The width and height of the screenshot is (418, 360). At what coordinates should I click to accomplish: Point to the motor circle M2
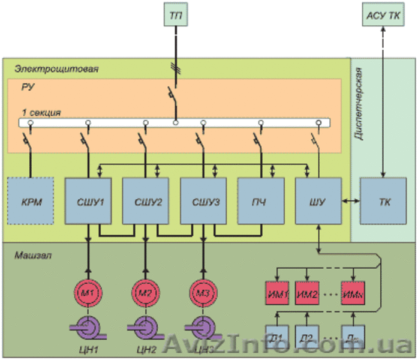tap(145, 292)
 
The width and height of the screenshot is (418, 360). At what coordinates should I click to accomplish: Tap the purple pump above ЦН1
tap(88, 328)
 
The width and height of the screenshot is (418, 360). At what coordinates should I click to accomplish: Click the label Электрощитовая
tap(56, 70)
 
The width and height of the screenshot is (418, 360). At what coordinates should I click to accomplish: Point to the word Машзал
tap(33, 256)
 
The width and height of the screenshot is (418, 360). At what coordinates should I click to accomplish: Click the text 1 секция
tap(41, 112)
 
